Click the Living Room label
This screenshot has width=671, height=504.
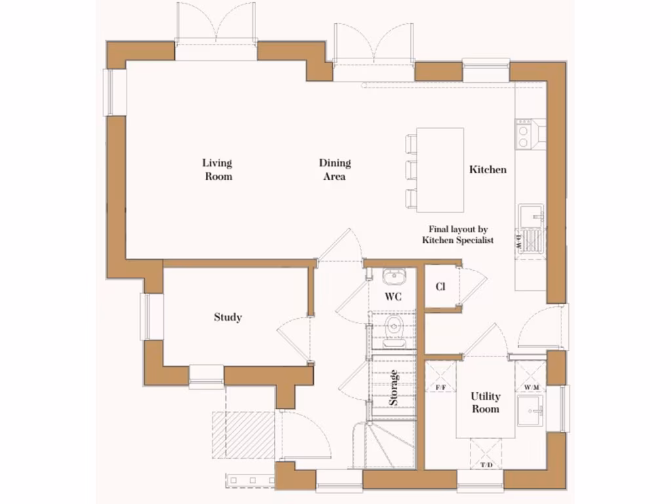pyautogui.click(x=218, y=169)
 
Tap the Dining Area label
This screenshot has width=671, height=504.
pyautogui.click(x=335, y=169)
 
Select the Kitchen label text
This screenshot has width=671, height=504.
pyautogui.click(x=488, y=169)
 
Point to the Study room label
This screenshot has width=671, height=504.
pyautogui.click(x=227, y=318)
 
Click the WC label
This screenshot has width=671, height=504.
pyautogui.click(x=393, y=297)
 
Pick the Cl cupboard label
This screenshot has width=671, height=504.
pyautogui.click(x=440, y=287)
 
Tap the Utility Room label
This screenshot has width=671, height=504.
pyautogui.click(x=486, y=402)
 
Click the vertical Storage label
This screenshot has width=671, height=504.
pyautogui.click(x=394, y=388)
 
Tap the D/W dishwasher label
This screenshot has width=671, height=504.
pyautogui.click(x=518, y=240)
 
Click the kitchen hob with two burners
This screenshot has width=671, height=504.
pyautogui.click(x=524, y=135)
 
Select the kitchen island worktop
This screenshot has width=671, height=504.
pyautogui.click(x=440, y=170)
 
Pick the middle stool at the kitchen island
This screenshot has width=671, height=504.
pyautogui.click(x=411, y=170)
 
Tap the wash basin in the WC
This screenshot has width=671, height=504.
pyautogui.click(x=394, y=276)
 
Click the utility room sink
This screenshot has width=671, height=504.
pyautogui.click(x=531, y=413)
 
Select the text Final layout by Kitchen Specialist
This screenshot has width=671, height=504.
pyautogui.click(x=458, y=235)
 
